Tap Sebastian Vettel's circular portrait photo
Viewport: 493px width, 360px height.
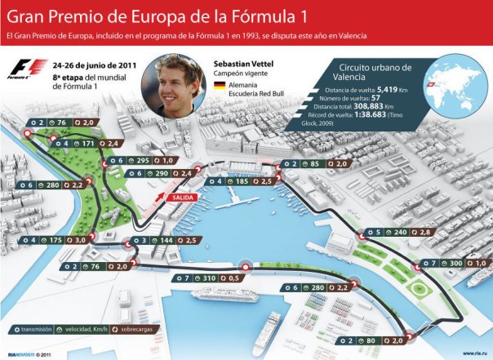tap(172, 89)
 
